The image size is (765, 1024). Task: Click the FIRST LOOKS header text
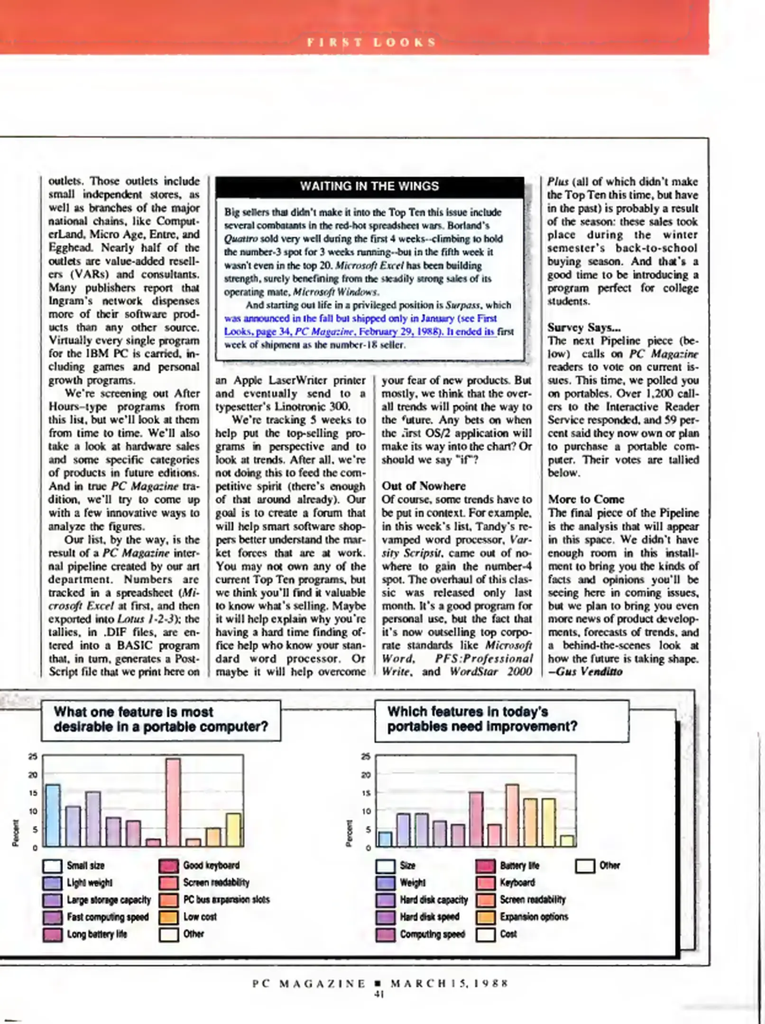click(371, 42)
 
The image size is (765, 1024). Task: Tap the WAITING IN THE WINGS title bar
click(369, 186)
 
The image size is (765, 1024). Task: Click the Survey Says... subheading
click(584, 328)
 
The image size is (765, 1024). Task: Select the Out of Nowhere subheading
click(424, 486)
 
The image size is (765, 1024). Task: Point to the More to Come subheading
click(586, 499)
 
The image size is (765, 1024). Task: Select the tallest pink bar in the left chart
click(173, 803)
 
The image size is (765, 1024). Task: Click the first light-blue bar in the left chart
click(53, 815)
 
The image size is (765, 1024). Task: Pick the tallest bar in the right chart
click(512, 815)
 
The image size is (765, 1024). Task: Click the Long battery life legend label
click(97, 934)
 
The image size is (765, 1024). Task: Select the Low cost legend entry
click(200, 917)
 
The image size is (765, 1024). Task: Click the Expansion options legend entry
click(534, 917)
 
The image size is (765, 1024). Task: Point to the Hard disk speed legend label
click(429, 917)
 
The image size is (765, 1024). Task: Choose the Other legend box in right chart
click(585, 866)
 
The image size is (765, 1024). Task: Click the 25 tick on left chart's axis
click(33, 757)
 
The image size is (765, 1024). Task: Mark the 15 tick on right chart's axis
click(366, 793)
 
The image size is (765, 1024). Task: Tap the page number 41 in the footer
click(379, 995)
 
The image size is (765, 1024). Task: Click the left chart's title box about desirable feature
click(161, 720)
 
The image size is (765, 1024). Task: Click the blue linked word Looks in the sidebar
click(237, 332)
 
